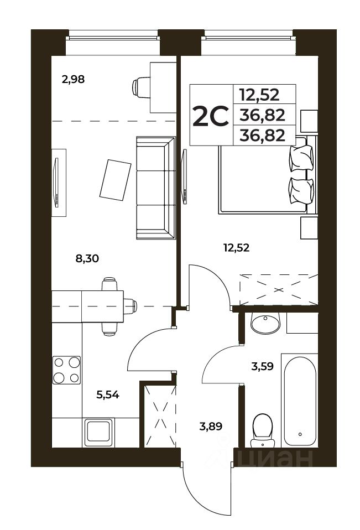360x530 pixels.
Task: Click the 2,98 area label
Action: (x=73, y=80)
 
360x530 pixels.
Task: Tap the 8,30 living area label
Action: (x=87, y=259)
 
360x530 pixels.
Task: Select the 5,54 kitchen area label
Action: (x=108, y=394)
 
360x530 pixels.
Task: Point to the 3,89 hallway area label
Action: (x=211, y=427)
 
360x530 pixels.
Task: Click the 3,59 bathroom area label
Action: (x=262, y=366)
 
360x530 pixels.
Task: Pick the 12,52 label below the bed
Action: (x=236, y=248)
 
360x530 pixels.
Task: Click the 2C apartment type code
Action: (x=211, y=116)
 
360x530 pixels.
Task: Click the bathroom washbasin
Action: (x=265, y=323)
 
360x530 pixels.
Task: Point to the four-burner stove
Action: (x=66, y=370)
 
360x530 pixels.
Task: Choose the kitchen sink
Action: (x=98, y=432)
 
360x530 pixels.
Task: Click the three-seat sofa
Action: (x=156, y=188)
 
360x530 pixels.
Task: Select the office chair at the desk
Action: (x=141, y=87)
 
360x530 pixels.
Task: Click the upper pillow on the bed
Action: (x=301, y=157)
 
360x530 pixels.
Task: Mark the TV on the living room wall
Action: (x=56, y=183)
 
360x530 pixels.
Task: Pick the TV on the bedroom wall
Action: (x=184, y=177)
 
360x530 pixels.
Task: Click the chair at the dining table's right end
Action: (x=131, y=306)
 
